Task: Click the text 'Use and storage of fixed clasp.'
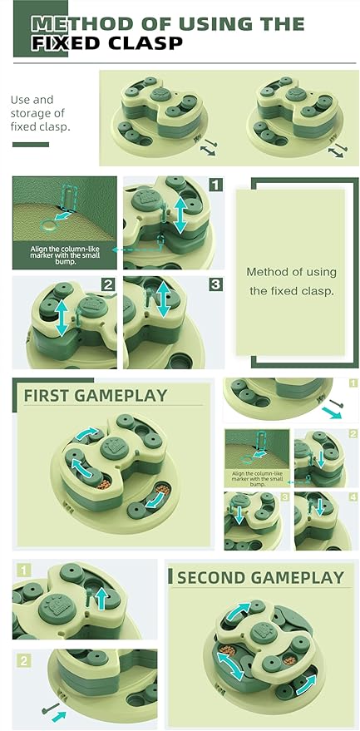(x=38, y=113)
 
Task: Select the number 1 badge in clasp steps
(x=215, y=185)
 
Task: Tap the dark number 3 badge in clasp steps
(x=215, y=284)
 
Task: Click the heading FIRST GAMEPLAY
(x=95, y=395)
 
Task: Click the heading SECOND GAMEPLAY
(x=260, y=578)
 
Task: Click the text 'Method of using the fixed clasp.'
(x=291, y=282)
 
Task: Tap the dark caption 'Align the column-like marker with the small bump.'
(x=65, y=255)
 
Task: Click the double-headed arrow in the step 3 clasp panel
(x=163, y=299)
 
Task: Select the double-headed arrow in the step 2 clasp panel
(x=62, y=318)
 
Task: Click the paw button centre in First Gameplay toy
(x=114, y=447)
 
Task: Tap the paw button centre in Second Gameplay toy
(x=264, y=632)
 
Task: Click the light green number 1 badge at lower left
(x=24, y=570)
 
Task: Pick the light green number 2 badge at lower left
(x=24, y=660)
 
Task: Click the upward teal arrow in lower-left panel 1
(x=101, y=599)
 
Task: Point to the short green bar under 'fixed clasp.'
(x=30, y=145)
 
